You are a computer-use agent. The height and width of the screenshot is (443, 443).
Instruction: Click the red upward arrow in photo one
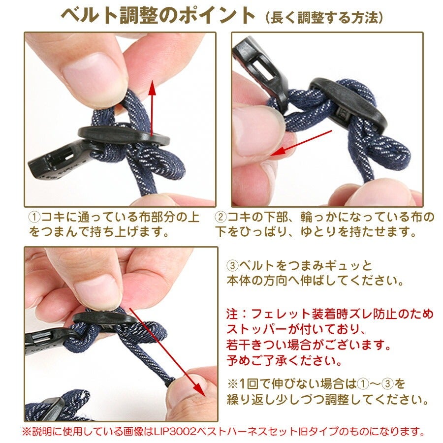point(152,108)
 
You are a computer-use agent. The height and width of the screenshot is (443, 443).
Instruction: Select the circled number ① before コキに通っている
point(35,217)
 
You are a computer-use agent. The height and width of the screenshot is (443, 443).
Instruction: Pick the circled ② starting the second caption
point(221,217)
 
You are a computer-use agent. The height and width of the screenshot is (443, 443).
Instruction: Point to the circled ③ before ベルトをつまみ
point(232,266)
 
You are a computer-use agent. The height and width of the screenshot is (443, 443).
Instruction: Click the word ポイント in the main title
point(217,16)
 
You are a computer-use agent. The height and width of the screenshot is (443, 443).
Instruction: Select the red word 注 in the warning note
point(232,314)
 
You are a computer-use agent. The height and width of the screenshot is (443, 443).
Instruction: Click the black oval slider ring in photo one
point(124,135)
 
